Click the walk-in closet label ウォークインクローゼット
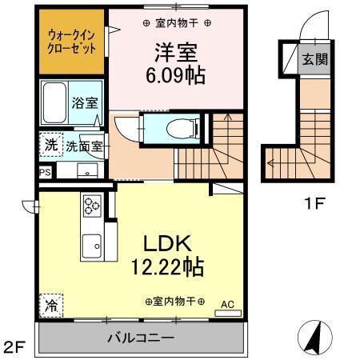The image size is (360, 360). [x=70, y=42]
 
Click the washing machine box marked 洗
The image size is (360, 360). [x=50, y=146]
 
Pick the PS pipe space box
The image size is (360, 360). [x=44, y=171]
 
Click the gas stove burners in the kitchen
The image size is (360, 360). [x=90, y=206]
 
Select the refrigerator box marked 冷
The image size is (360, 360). [x=50, y=305]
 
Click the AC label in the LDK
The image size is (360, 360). [x=227, y=303]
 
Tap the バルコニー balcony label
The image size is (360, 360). [x=141, y=338]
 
